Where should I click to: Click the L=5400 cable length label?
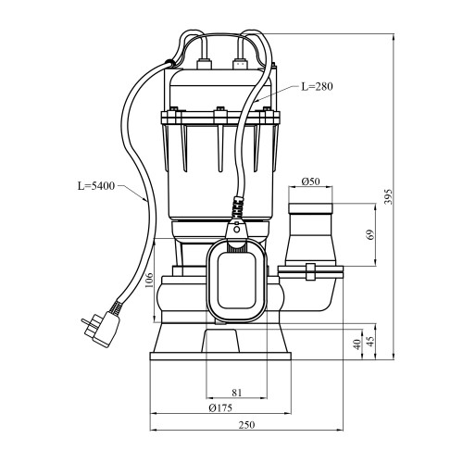pyautogui.click(x=96, y=186)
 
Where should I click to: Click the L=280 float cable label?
pyautogui.click(x=317, y=86)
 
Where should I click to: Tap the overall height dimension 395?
pyautogui.click(x=389, y=196)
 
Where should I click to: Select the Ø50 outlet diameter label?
pyautogui.click(x=310, y=181)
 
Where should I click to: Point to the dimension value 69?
pyautogui.click(x=370, y=234)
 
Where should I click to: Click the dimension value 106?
pyautogui.click(x=149, y=280)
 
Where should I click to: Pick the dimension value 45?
pyautogui.click(x=370, y=340)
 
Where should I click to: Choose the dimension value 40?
pyautogui.click(x=357, y=344)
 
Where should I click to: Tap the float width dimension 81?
pyautogui.click(x=237, y=393)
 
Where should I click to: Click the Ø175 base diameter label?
pyautogui.click(x=220, y=407)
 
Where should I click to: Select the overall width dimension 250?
pyautogui.click(x=247, y=425)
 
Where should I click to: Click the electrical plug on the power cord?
pyautogui.click(x=101, y=329)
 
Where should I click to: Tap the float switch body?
pyautogui.click(x=237, y=282)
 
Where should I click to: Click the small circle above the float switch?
pyautogui.click(x=237, y=230)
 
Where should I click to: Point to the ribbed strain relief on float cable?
pyautogui.click(x=238, y=206)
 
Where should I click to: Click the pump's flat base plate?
pyautogui.click(x=220, y=357)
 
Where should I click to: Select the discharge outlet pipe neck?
pyautogui.click(x=310, y=234)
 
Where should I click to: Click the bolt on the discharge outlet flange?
pyautogui.click(x=310, y=271)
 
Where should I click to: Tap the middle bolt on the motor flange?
pyautogui.click(x=220, y=116)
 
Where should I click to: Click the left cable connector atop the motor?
pyautogui.click(x=204, y=63)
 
